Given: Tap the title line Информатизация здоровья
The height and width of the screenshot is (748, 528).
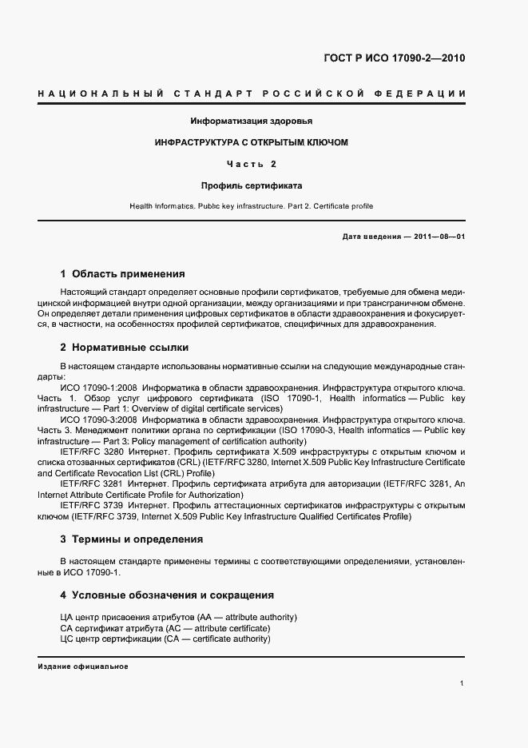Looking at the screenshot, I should pyautogui.click(x=251, y=121).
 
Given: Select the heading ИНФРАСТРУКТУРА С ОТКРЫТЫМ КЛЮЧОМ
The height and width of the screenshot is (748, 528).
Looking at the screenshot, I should pyautogui.click(x=252, y=142).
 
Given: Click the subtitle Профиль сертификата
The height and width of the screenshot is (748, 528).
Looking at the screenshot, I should pyautogui.click(x=251, y=185).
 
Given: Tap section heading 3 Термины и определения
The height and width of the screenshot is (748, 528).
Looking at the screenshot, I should pyautogui.click(x=131, y=539).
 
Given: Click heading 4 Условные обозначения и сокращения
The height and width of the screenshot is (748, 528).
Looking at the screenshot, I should pyautogui.click(x=167, y=595).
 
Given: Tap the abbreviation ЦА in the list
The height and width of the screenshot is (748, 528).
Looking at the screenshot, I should pyautogui.click(x=66, y=618).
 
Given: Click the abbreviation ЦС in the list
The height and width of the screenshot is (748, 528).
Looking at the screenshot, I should pyautogui.click(x=66, y=639).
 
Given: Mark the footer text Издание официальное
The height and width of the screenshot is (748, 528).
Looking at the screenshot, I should pyautogui.click(x=83, y=666).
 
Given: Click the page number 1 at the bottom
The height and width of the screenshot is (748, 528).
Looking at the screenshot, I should pyautogui.click(x=462, y=683).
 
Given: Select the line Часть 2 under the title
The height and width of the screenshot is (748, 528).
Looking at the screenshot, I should pyautogui.click(x=251, y=164).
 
